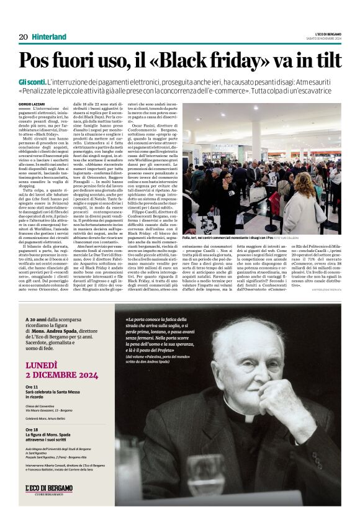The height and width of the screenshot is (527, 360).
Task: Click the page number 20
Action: (x=24, y=37)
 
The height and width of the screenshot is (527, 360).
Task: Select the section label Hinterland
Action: (x=49, y=37)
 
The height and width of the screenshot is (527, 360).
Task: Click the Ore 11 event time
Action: (x=32, y=387)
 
